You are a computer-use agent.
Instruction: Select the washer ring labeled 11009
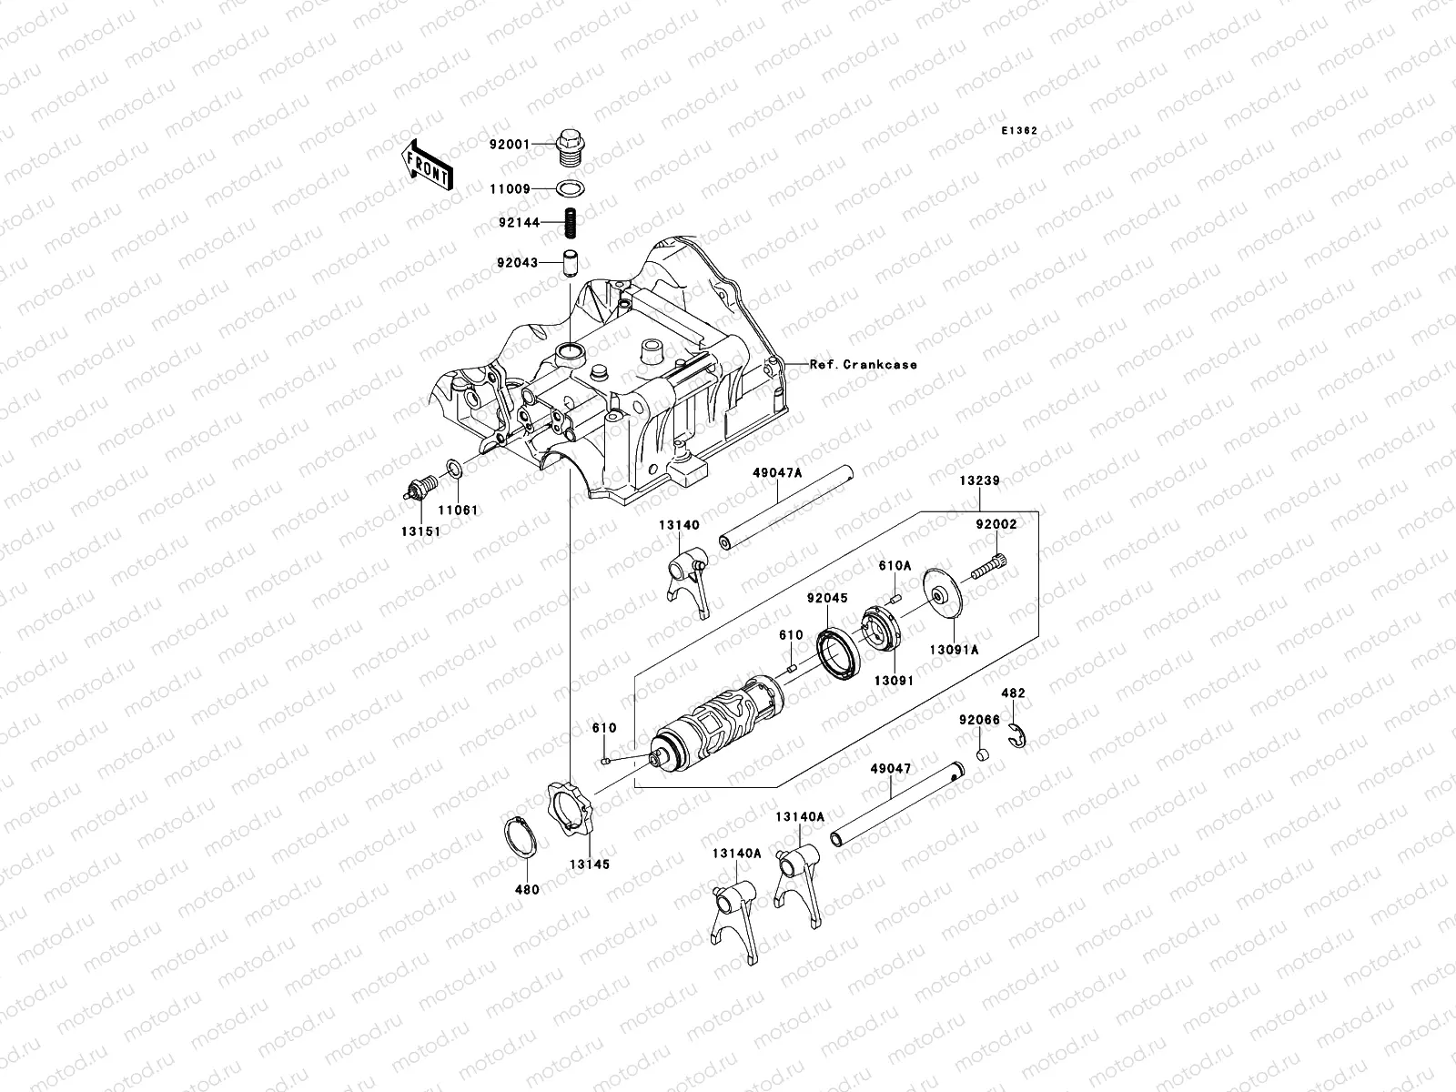pos(570,189)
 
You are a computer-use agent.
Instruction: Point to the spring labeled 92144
pos(570,222)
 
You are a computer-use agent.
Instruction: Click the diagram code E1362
pos(1019,131)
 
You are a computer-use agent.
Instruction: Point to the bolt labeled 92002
pos(988,570)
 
